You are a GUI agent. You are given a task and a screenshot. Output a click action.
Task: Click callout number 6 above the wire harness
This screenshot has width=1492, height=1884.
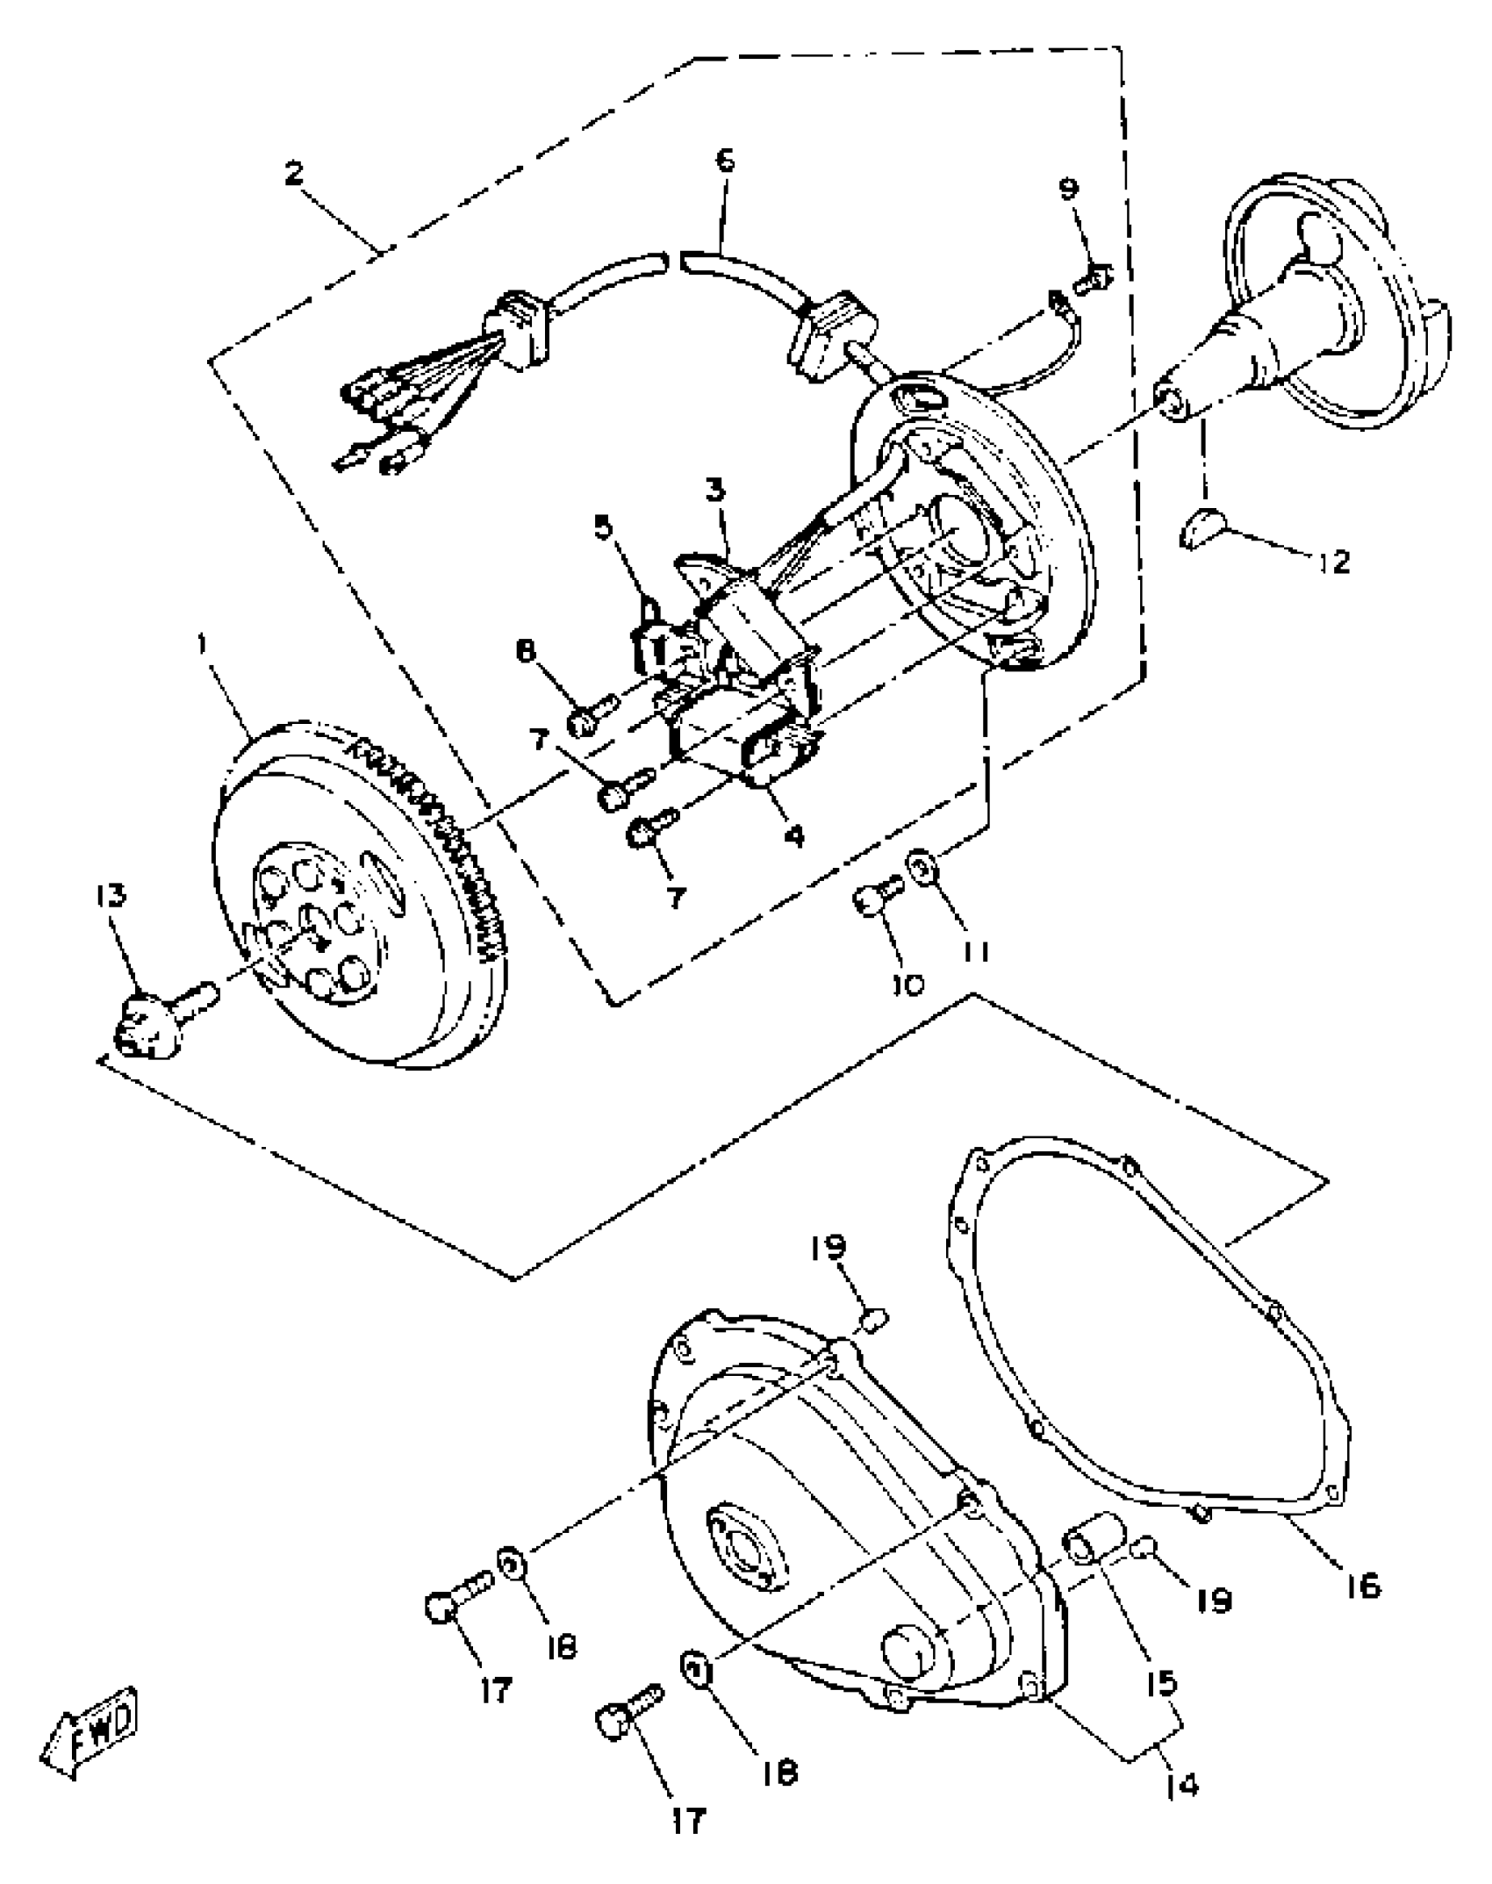click(725, 161)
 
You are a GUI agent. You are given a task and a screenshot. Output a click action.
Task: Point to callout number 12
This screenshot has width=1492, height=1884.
click(1333, 562)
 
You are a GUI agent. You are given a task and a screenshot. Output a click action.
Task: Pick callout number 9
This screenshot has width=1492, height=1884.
click(1069, 190)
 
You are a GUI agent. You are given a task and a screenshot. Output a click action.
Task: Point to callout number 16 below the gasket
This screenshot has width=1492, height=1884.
click(1363, 1586)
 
